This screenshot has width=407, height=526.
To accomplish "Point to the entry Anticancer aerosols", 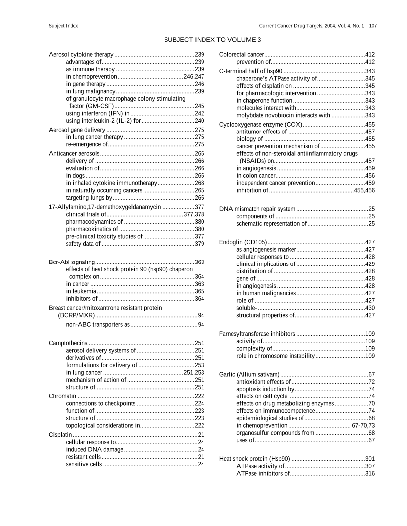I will pyautogui.click(x=74, y=154).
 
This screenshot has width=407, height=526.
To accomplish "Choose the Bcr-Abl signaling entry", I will pyautogui.click(x=72, y=262).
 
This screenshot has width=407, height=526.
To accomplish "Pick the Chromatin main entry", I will pyautogui.click(x=62, y=396).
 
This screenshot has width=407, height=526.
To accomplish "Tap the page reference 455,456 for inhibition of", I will pyautogui.click(x=364, y=190).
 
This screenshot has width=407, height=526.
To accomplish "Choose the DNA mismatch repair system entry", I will pyautogui.click(x=257, y=209).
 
